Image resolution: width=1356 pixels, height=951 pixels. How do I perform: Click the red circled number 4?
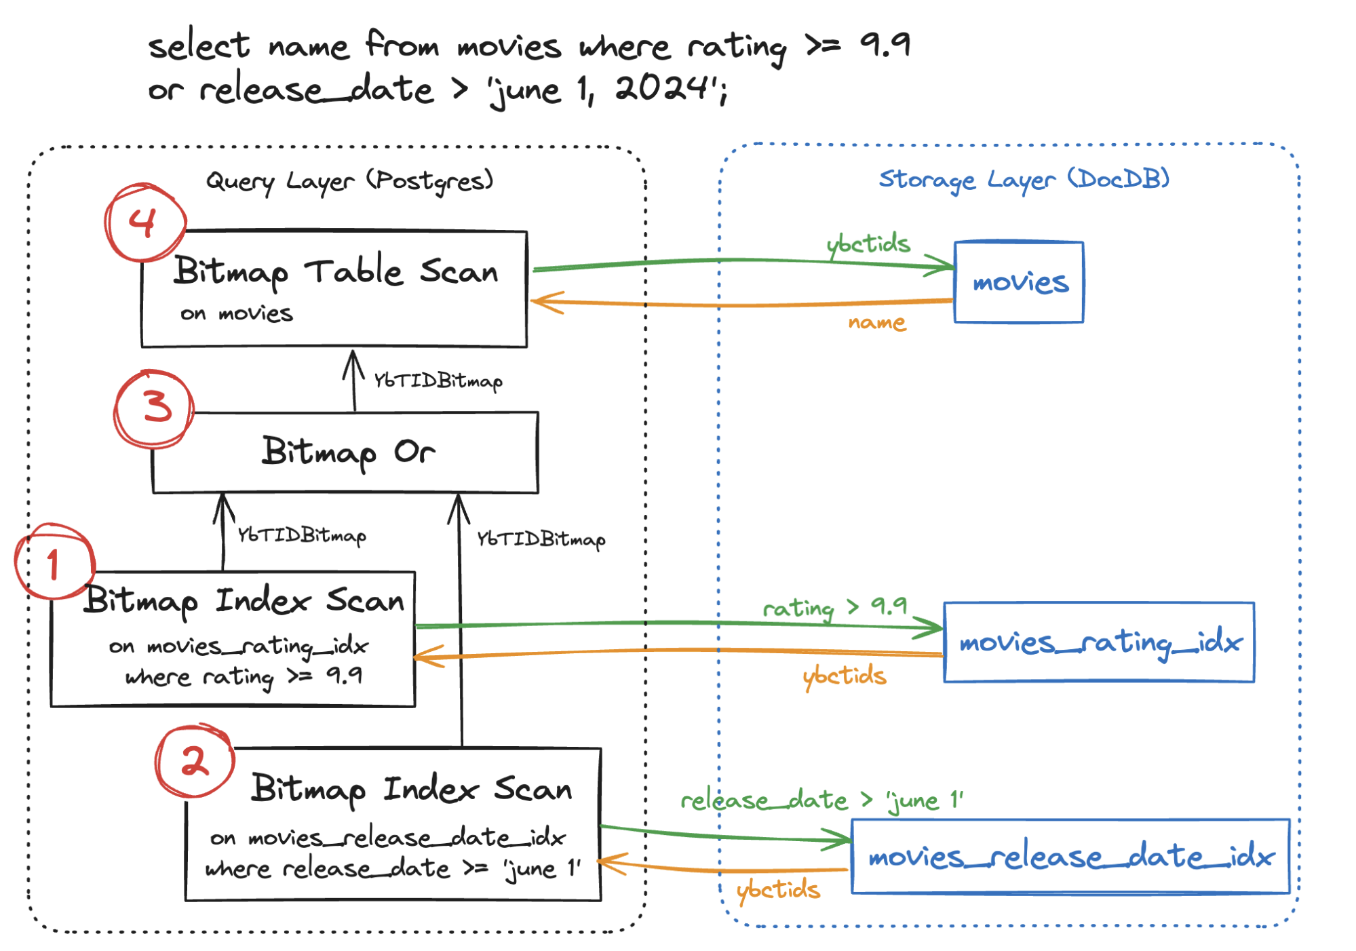pyautogui.click(x=144, y=222)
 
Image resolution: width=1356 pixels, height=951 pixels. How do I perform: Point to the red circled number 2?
pyautogui.click(x=195, y=760)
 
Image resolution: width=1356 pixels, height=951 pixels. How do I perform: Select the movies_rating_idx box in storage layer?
pyautogui.click(x=1098, y=642)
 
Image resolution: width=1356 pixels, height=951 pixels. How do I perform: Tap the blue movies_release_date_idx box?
pyautogui.click(x=1070, y=857)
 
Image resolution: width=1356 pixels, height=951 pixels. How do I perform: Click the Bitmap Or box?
pyautogui.click(x=346, y=452)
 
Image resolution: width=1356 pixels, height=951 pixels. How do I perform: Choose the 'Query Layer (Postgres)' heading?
pyautogui.click(x=349, y=180)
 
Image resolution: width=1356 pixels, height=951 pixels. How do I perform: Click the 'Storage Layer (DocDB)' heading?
pyautogui.click(x=1024, y=179)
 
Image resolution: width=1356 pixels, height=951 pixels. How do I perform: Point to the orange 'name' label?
pyautogui.click(x=876, y=322)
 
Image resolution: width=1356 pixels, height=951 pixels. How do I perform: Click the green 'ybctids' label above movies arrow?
pyautogui.click(x=868, y=244)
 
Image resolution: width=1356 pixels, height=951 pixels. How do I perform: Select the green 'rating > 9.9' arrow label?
pyautogui.click(x=834, y=606)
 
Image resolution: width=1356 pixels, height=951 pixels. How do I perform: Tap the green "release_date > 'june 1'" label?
pyautogui.click(x=821, y=800)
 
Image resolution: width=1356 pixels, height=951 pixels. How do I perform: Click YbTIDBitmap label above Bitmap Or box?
pyautogui.click(x=438, y=381)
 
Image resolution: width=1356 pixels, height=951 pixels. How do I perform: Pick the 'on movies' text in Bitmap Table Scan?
pyautogui.click(x=236, y=313)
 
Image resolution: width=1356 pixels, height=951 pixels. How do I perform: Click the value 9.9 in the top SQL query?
pyautogui.click(x=885, y=45)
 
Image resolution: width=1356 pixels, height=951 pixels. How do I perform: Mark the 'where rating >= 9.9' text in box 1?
pyautogui.click(x=244, y=676)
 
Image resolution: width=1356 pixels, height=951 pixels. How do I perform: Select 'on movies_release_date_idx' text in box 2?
pyautogui.click(x=387, y=838)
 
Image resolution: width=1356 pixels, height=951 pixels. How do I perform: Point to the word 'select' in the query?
pyautogui.click(x=198, y=46)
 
